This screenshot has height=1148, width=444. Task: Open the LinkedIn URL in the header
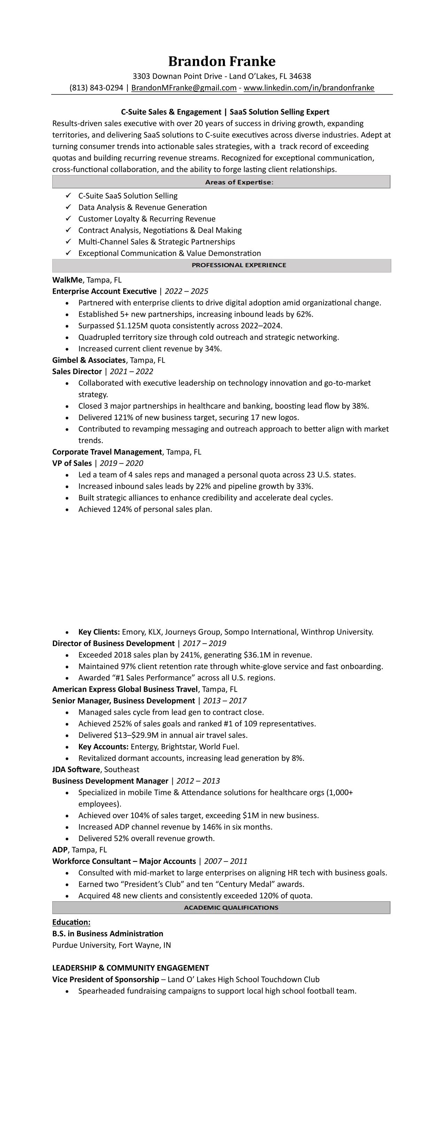coord(309,88)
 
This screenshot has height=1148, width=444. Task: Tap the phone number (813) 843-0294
coord(96,88)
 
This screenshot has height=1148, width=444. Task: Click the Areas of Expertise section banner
coord(221,182)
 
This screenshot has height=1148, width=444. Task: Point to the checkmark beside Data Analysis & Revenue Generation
coord(68,207)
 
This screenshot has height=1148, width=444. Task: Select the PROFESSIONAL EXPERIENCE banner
coord(221,265)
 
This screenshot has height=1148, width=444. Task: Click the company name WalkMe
coord(67,280)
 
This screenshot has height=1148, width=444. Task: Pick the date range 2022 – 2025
coord(186,291)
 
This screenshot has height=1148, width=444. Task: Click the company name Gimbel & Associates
coord(89,360)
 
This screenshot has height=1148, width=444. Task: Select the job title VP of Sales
coord(72,463)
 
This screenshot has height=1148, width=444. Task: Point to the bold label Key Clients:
coord(99,632)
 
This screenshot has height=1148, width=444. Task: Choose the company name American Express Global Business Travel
coord(125,690)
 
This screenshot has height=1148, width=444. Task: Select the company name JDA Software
coord(76,770)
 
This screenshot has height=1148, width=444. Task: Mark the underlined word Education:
coord(71,922)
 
